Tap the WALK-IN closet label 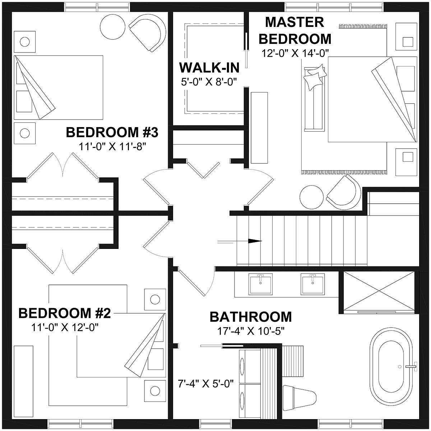click(209, 68)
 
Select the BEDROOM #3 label click(112, 132)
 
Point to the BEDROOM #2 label click(64, 313)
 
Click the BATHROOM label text click(251, 317)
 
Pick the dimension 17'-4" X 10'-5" click(251, 331)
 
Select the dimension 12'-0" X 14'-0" click(295, 54)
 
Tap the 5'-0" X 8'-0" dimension click(209, 82)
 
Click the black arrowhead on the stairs click(255, 241)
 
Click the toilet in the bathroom click(299, 398)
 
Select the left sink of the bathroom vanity click(261, 284)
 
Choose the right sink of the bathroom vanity click(313, 284)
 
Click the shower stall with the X click(379, 291)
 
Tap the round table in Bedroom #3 click(112, 27)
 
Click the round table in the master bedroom click(311, 197)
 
